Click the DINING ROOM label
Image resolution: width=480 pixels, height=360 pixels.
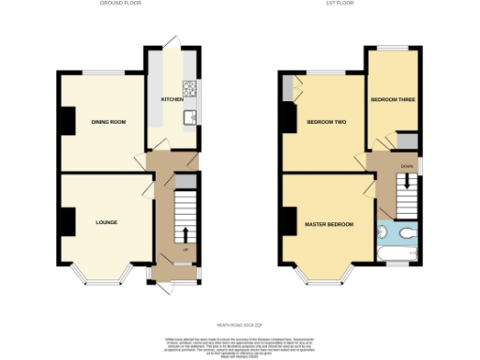[108, 122]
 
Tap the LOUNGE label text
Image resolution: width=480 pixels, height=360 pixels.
[106, 223]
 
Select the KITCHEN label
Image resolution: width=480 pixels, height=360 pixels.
[172, 98]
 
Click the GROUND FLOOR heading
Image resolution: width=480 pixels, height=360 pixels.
[121, 4]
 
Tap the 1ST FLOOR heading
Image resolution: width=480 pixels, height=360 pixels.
[337, 4]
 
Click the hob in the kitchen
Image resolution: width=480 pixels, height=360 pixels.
[190, 89]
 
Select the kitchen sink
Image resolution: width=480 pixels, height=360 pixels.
[189, 116]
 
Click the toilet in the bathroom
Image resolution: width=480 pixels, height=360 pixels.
[410, 232]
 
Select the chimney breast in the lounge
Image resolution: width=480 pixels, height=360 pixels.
[67, 221]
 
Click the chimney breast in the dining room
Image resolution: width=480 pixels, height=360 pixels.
[67, 120]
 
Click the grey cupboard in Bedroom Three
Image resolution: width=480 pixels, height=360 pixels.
[407, 141]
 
